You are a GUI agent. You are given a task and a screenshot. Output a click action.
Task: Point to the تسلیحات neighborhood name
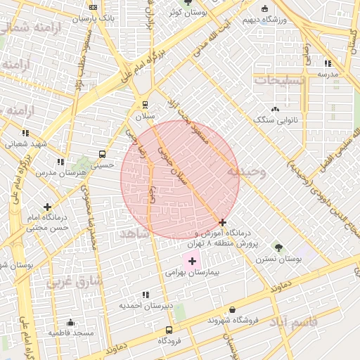[x=281, y=80]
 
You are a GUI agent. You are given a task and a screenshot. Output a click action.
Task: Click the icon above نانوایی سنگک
[x=275, y=109]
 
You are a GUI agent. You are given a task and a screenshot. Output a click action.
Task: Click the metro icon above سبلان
[x=146, y=105]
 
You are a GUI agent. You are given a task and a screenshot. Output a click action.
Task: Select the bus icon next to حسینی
[x=103, y=154]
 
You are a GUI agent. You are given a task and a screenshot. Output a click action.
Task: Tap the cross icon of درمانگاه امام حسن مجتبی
[x=47, y=207]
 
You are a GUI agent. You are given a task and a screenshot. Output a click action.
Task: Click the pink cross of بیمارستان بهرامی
[x=193, y=261]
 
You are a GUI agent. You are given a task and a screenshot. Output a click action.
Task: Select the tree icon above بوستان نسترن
[x=278, y=247]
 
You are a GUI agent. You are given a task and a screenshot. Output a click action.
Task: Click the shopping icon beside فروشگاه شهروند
[x=233, y=309]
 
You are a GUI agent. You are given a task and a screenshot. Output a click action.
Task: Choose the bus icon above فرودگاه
[x=169, y=330]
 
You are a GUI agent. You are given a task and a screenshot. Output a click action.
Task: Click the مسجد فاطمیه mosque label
[x=71, y=333]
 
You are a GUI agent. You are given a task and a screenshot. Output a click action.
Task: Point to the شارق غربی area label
[x=75, y=283]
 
